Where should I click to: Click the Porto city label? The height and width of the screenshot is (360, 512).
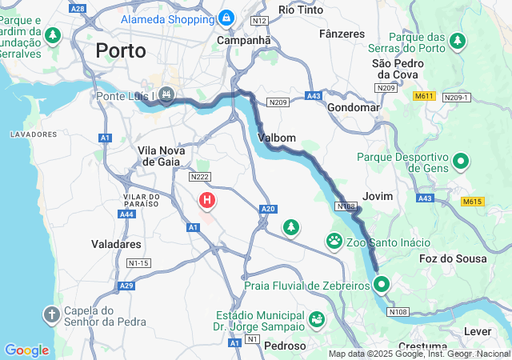121,50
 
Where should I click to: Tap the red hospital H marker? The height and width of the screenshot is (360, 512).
207,199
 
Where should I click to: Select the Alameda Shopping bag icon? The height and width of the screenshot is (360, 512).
226,17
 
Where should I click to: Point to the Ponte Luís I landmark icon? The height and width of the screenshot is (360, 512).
166,96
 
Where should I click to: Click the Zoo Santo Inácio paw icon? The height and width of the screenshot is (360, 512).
334,241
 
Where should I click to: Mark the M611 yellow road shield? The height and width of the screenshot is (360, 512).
424,96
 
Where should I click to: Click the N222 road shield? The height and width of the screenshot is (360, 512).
199,176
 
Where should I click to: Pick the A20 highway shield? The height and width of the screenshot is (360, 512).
268,209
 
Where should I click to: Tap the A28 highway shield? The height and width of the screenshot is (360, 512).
78,8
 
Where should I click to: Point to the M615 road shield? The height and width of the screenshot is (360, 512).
473,202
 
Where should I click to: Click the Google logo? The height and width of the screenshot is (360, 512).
26,350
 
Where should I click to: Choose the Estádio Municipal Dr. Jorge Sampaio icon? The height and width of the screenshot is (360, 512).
318,319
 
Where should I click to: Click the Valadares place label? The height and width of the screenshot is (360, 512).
117,244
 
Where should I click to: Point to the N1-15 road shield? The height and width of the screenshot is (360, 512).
138,262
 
